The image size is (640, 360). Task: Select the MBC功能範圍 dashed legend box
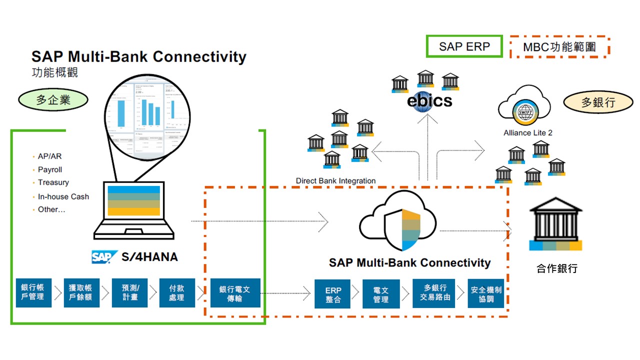pos(559,47)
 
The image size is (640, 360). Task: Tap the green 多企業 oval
pos(53,100)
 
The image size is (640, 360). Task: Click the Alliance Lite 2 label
pos(527,133)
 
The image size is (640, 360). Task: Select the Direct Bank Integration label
pos(335,180)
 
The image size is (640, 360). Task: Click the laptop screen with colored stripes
pos(133,200)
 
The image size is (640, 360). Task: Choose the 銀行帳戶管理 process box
pos(33,293)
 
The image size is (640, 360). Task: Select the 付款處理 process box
pos(176,293)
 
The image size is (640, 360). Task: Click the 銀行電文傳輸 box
pos(235,293)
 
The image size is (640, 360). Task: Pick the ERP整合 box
pos(333,294)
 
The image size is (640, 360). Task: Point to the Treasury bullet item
pos(53,182)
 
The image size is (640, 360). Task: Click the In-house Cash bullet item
pos(63,196)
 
